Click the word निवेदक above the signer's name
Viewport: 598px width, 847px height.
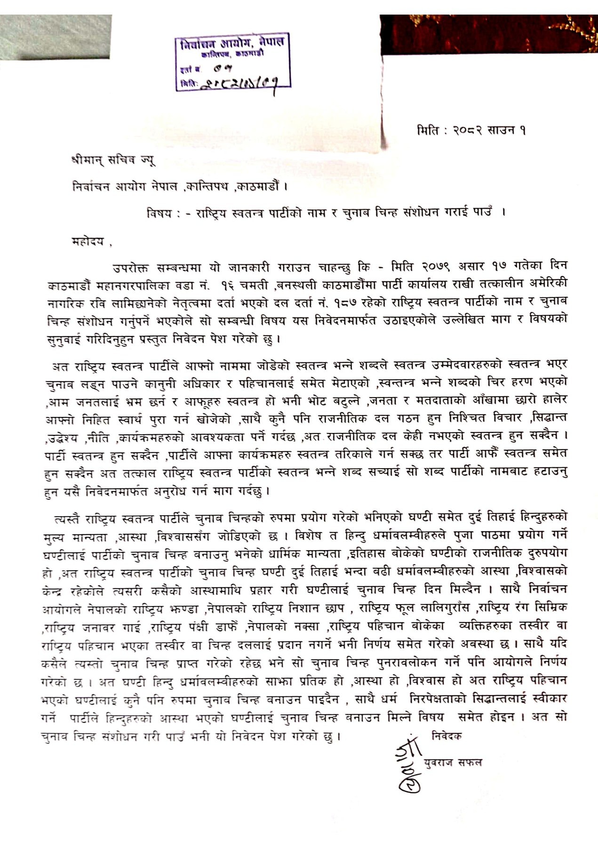(x=447, y=735)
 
